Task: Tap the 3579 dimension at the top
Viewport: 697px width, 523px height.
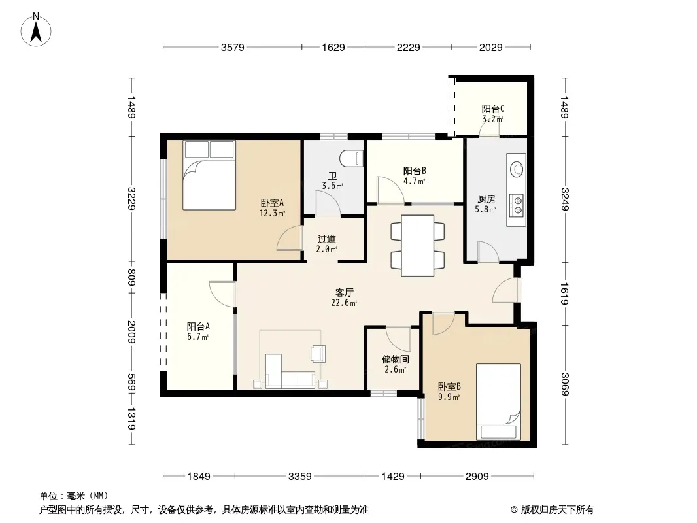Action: tap(233, 47)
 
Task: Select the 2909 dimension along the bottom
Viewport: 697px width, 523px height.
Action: tap(477, 477)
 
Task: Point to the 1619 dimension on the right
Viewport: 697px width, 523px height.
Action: tap(564, 294)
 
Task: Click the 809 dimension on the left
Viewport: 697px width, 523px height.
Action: tap(131, 278)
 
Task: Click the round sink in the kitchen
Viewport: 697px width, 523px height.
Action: tap(517, 169)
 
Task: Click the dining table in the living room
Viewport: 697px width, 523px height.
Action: tap(417, 246)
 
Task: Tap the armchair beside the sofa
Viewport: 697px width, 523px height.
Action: tap(318, 354)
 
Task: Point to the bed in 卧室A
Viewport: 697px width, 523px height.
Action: tap(209, 175)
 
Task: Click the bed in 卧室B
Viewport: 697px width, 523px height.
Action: tap(498, 402)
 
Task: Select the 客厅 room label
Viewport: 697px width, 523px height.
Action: tap(344, 292)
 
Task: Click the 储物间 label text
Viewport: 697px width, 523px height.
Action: tap(395, 359)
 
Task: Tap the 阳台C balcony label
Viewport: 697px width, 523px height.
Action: tap(492, 109)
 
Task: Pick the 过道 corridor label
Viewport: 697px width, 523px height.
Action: tap(327, 239)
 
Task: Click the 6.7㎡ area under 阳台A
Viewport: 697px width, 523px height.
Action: tap(198, 337)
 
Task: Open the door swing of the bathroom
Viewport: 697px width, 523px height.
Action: tap(328, 203)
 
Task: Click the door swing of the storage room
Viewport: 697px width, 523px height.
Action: tap(398, 340)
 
